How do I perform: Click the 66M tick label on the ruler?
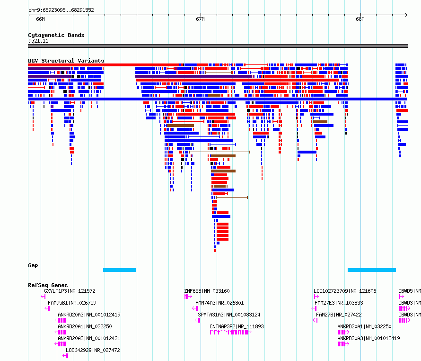(40, 19)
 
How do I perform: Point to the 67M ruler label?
(200, 19)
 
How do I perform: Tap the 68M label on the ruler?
(360, 19)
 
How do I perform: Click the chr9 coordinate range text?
(61, 10)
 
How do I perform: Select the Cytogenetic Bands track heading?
(56, 35)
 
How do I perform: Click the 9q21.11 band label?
(38, 41)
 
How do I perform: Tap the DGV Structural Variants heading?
(66, 61)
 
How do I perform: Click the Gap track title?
(33, 265)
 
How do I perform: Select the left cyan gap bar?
(120, 270)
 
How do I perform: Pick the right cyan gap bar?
(372, 270)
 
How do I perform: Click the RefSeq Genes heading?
(48, 285)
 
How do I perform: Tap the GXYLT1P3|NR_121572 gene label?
(70, 291)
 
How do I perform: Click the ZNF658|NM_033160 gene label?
(207, 291)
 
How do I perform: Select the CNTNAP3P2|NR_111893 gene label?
(237, 326)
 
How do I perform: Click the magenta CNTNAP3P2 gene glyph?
(231, 332)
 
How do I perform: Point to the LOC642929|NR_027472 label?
(93, 350)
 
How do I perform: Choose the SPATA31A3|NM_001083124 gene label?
(229, 315)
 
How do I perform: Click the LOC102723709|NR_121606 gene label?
(345, 291)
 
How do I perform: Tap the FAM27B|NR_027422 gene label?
(339, 315)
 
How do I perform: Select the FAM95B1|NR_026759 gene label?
(72, 303)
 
